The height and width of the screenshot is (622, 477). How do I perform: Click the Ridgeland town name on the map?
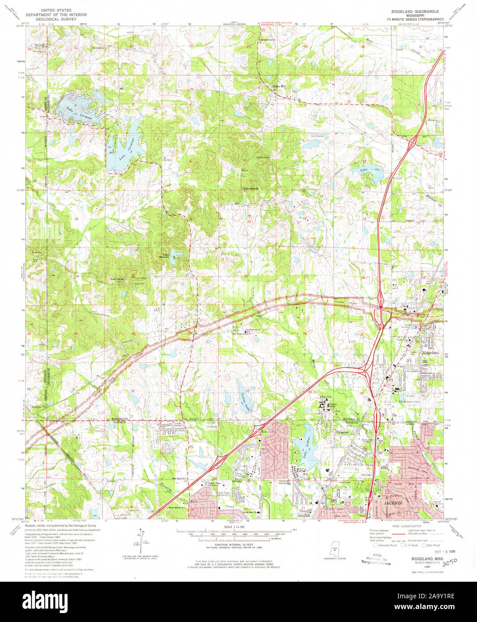431,353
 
